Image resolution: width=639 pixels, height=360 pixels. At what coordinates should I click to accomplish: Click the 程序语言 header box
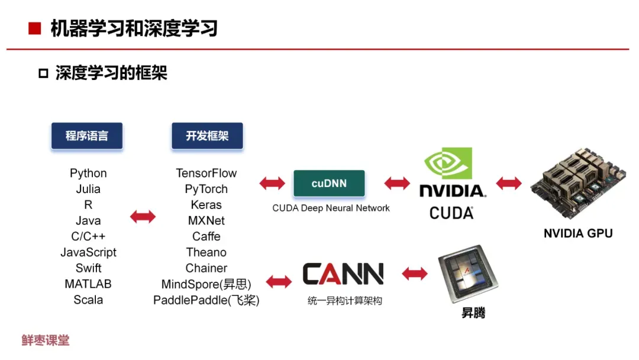(87, 136)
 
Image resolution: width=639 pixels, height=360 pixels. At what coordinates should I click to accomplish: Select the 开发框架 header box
(207, 136)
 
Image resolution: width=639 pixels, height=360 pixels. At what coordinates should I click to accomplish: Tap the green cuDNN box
(329, 184)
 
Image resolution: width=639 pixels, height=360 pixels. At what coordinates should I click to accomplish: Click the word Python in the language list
(88, 173)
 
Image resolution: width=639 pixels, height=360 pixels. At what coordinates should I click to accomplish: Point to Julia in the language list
(88, 189)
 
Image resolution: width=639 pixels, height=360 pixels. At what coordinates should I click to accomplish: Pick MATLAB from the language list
(88, 284)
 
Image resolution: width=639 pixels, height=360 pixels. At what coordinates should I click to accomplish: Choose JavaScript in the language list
(88, 252)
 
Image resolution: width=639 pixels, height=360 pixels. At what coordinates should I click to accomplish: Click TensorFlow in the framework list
(206, 173)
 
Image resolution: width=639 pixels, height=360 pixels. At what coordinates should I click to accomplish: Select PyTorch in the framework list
(206, 189)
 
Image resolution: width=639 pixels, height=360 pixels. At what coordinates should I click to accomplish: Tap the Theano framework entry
(206, 252)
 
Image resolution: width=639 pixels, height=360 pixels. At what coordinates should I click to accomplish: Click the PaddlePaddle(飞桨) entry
(206, 300)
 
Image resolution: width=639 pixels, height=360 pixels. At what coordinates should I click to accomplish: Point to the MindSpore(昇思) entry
(206, 284)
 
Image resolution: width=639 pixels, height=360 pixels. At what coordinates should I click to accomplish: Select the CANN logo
(343, 274)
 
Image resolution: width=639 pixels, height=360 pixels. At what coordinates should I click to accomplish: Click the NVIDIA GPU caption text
(577, 233)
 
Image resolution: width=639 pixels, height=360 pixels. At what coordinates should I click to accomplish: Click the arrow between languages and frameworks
(143, 217)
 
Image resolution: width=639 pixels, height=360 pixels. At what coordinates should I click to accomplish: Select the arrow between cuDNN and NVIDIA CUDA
(397, 184)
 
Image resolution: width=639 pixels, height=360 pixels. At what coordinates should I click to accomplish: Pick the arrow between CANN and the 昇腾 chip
(415, 274)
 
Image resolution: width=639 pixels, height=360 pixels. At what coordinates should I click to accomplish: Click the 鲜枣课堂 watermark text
(46, 340)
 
